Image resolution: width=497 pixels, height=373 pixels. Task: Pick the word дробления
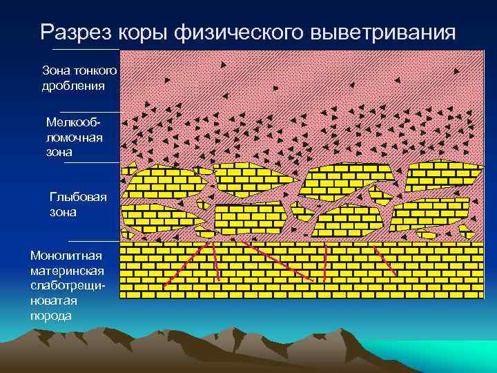click(73, 86)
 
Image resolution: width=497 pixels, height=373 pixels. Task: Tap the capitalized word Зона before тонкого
click(56, 70)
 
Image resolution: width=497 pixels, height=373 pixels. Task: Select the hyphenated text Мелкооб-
click(74, 122)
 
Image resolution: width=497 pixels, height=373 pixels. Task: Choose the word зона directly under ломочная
click(60, 152)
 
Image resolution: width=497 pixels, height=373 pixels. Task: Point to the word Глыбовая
click(79, 198)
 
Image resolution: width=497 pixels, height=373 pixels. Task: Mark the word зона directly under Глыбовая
click(63, 213)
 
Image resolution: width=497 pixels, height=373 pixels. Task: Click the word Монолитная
click(66, 256)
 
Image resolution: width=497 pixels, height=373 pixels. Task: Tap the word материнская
click(66, 271)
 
